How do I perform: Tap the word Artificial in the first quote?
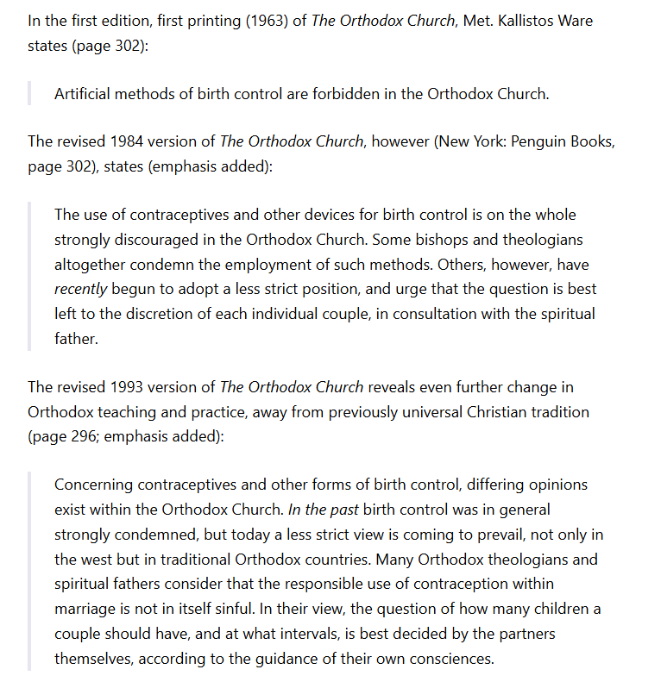pos(85,94)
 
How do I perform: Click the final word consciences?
pos(452,660)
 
